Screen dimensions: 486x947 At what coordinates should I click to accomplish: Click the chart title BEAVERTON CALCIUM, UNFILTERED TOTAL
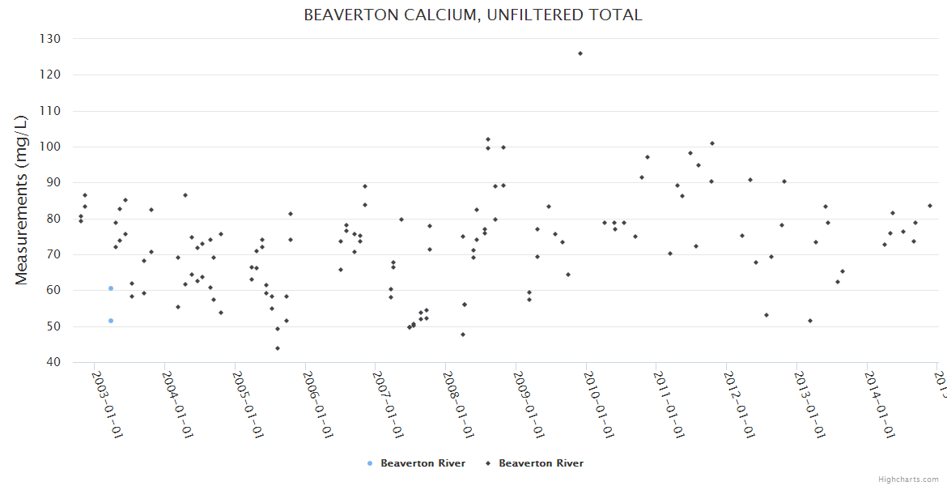[473, 15]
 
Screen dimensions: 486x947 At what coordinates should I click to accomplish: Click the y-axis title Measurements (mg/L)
[22, 200]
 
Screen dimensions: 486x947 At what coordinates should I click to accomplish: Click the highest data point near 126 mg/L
[580, 53]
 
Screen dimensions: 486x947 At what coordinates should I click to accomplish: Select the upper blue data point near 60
[111, 288]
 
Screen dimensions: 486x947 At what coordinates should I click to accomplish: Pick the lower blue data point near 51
[111, 321]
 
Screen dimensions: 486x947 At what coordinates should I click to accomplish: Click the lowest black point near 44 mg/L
[277, 348]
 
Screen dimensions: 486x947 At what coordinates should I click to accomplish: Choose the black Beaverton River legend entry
[535, 463]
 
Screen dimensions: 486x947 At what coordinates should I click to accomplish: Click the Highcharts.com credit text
[908, 479]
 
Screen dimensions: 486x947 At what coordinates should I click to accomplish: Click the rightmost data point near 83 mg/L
[929, 206]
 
